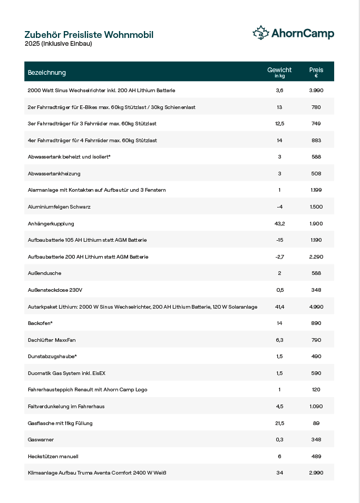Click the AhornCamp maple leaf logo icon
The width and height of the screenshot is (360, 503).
pyautogui.click(x=261, y=33)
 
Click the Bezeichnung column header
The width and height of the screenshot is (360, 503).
pyautogui.click(x=47, y=72)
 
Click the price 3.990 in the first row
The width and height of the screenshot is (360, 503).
pyautogui.click(x=316, y=91)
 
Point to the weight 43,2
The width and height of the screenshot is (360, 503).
pyautogui.click(x=279, y=223)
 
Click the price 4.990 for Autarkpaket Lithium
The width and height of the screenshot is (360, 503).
pyautogui.click(x=316, y=307)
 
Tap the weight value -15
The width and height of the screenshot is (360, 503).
pyautogui.click(x=279, y=240)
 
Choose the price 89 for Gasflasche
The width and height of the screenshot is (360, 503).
pyautogui.click(x=316, y=423)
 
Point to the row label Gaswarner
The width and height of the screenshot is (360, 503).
pyautogui.click(x=41, y=440)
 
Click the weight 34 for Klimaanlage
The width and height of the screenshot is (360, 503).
pyautogui.click(x=279, y=473)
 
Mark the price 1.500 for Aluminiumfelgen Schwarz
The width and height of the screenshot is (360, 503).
pyautogui.click(x=316, y=207)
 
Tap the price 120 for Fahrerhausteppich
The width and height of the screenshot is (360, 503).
pyautogui.click(x=316, y=390)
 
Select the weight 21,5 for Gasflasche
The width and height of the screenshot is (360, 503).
pyautogui.click(x=279, y=423)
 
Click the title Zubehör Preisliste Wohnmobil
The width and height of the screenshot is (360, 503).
pyautogui.click(x=89, y=35)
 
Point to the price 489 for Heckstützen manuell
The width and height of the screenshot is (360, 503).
pyautogui.click(x=316, y=456)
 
